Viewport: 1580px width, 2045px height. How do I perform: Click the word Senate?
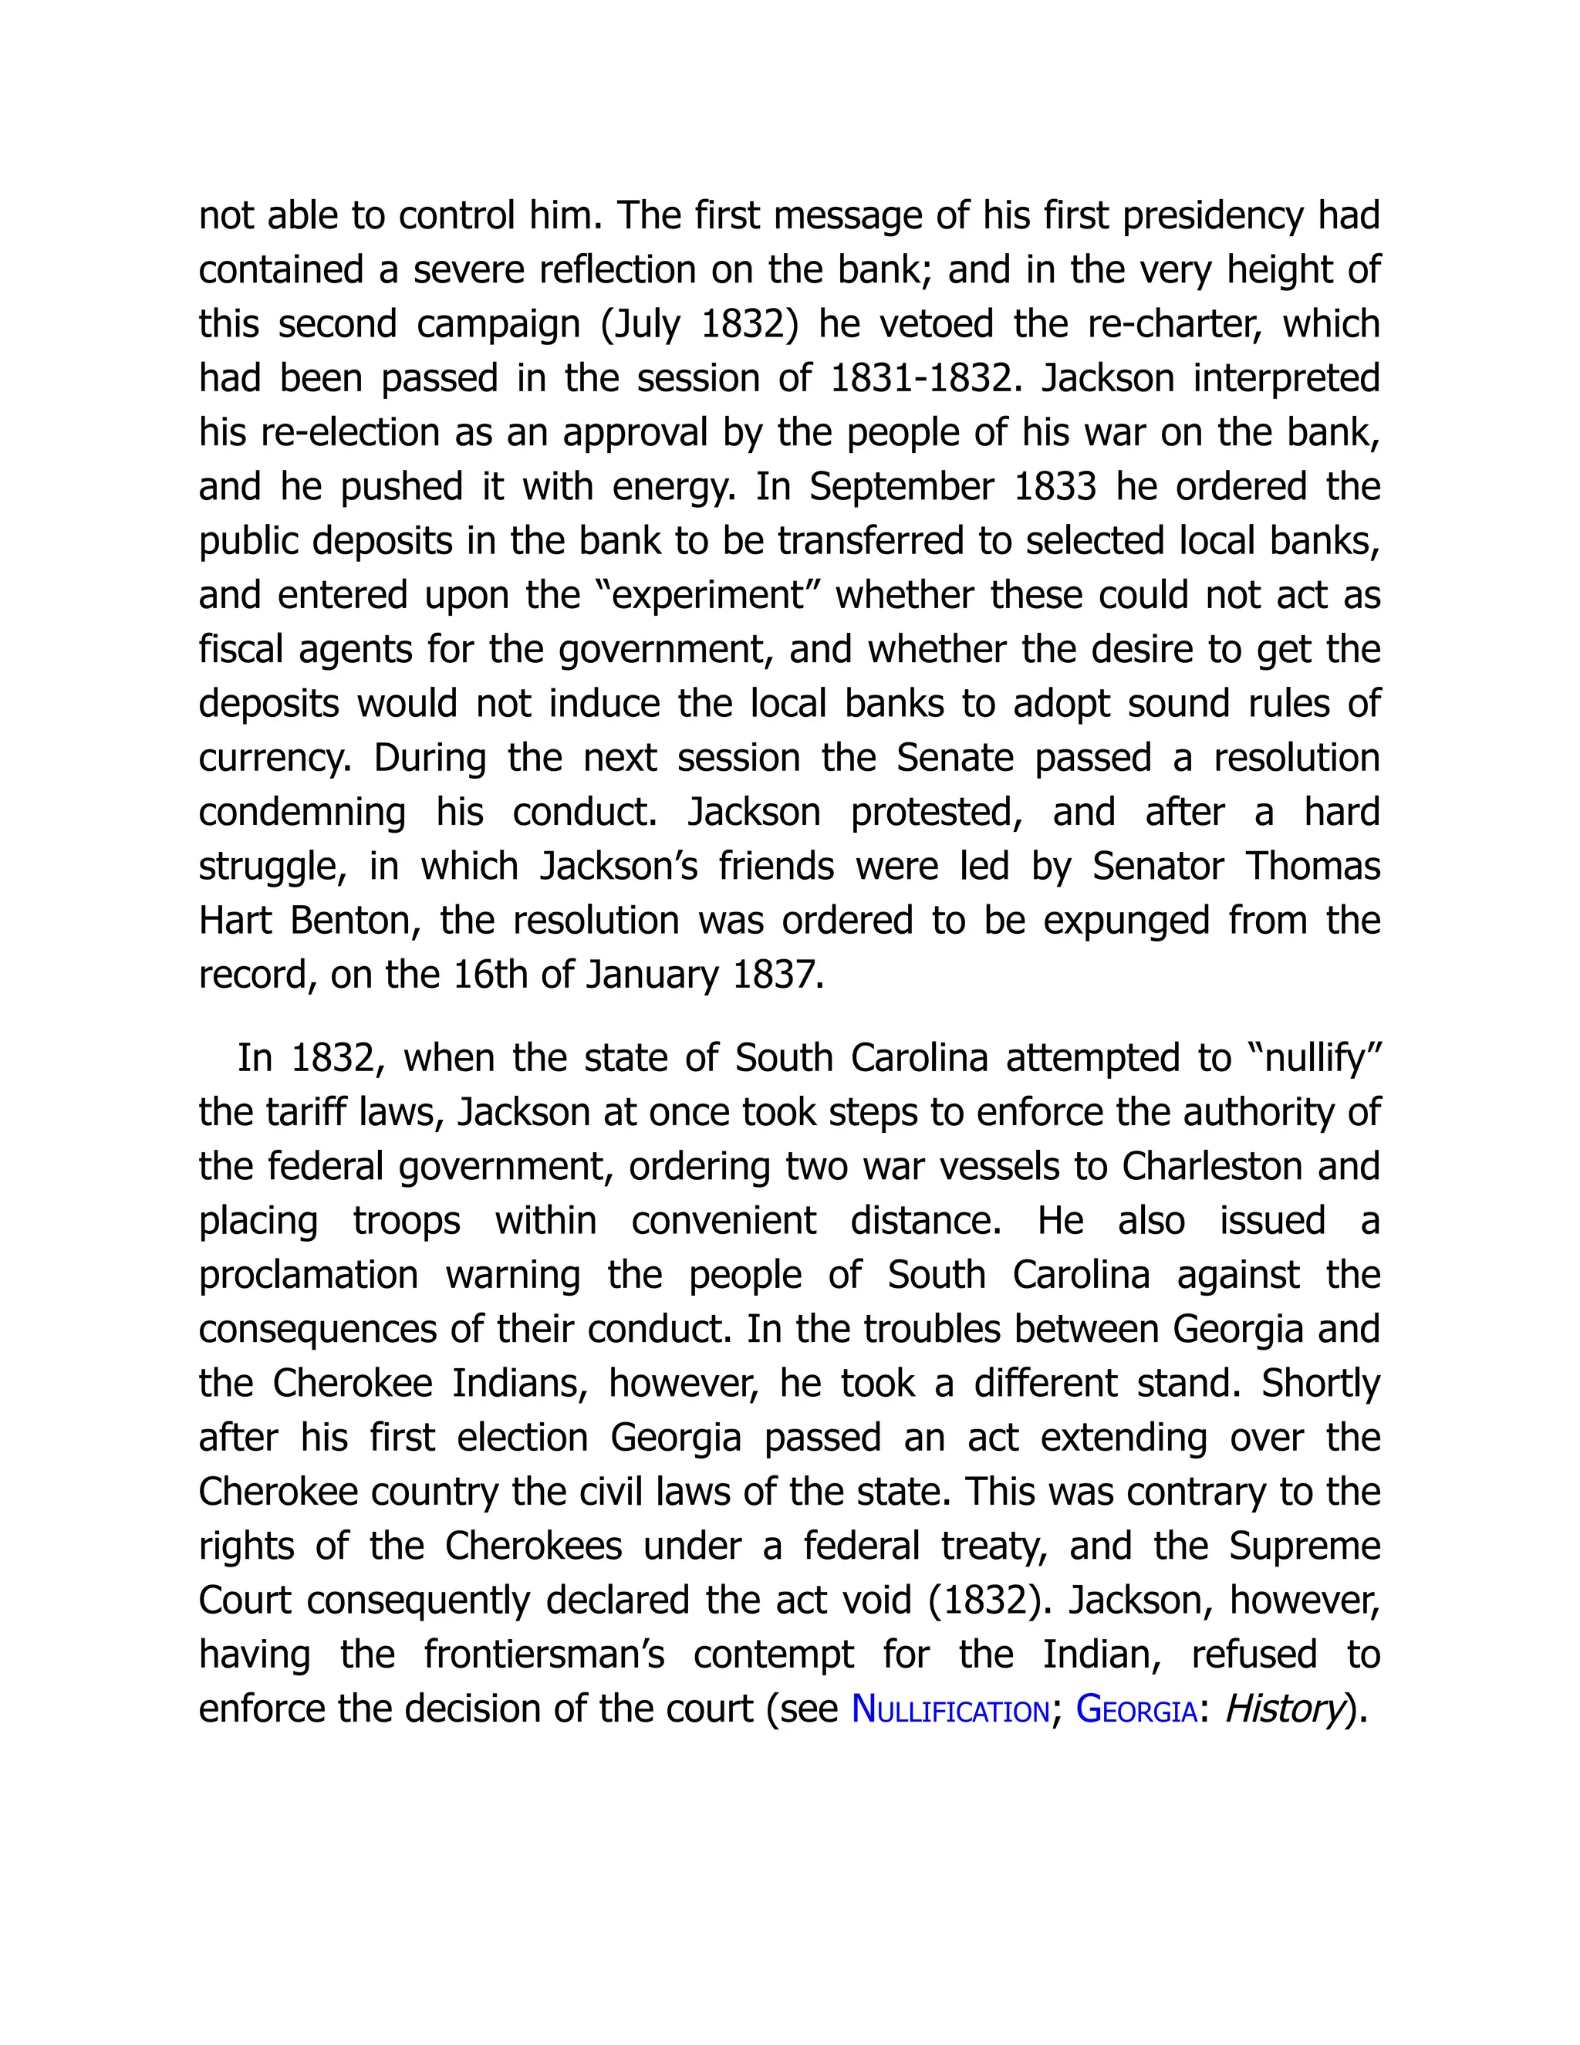pos(955,758)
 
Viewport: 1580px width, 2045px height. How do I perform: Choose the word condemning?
pos(302,812)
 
